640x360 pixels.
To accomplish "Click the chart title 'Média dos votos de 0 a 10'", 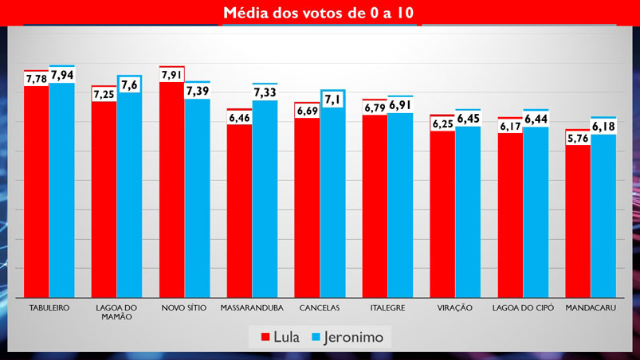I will coord(319,13).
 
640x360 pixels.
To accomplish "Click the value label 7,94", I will coord(62,76).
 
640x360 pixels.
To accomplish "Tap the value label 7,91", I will coord(171,76).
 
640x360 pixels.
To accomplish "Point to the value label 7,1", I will coord(332,99).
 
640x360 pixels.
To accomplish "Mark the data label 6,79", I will coord(375,108).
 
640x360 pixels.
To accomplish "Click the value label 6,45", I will coord(468,119).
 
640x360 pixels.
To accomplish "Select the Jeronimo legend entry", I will coord(349,337).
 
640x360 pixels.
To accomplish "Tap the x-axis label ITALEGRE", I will coord(387,307).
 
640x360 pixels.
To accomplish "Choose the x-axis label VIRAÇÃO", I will coord(455,307).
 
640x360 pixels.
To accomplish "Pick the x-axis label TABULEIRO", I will coord(49,307).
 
